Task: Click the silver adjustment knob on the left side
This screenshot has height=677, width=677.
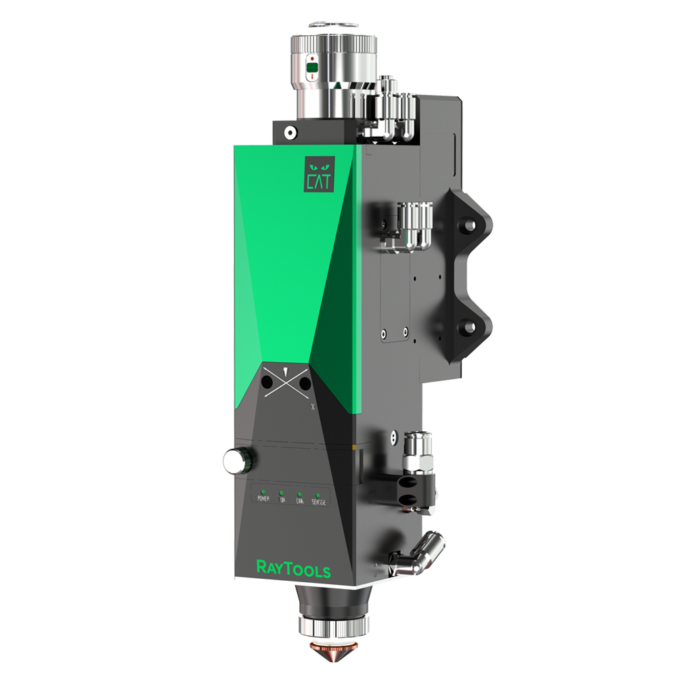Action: click(236, 461)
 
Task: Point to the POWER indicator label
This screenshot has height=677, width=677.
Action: click(263, 500)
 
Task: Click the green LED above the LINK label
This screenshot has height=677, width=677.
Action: click(299, 493)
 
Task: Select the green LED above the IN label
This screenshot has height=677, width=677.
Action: click(281, 492)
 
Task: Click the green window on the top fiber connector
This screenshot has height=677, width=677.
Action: click(311, 68)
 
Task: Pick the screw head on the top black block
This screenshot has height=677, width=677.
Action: click(289, 133)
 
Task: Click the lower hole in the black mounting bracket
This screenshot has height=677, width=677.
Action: click(466, 326)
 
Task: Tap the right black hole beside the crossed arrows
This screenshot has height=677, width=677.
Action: click(305, 384)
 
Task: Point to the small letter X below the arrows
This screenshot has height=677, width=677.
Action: click(312, 408)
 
